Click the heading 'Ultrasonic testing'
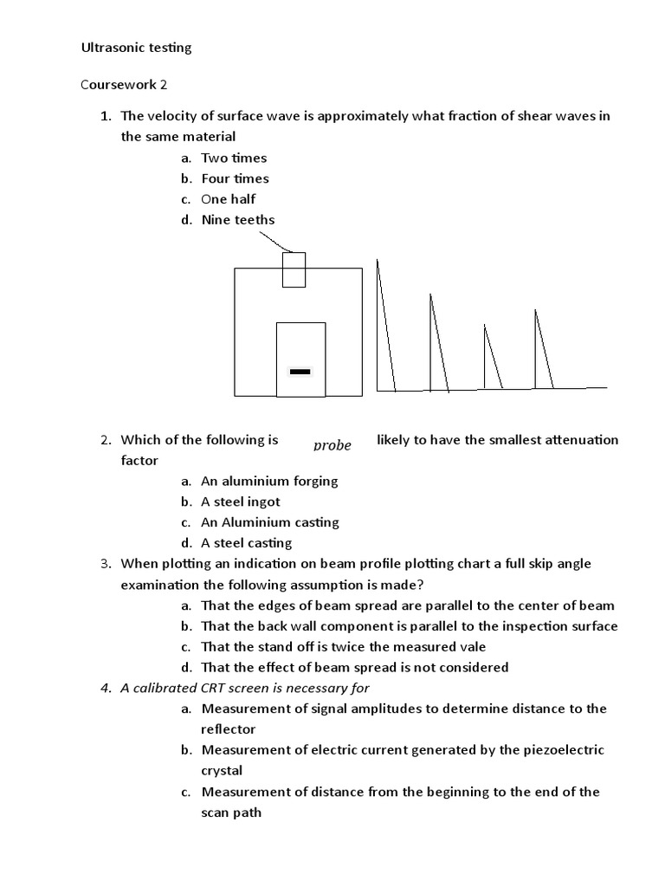tap(136, 48)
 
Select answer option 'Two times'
tap(234, 158)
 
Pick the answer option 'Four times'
tap(235, 178)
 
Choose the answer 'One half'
tap(229, 199)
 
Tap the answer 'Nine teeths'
tap(237, 220)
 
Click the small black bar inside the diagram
tap(300, 371)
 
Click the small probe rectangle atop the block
tap(294, 269)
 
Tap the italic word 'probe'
tap(332, 445)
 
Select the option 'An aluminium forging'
tap(269, 481)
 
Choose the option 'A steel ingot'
tap(241, 502)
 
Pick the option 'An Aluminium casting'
tap(270, 522)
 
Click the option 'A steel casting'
tap(247, 543)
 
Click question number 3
tap(105, 564)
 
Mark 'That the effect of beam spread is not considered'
tap(354, 667)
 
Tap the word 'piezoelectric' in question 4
tap(563, 750)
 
